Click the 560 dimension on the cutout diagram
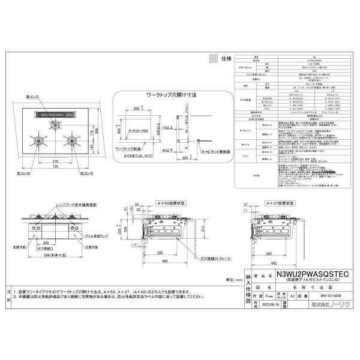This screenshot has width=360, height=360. pyautogui.click(x=137, y=109)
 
